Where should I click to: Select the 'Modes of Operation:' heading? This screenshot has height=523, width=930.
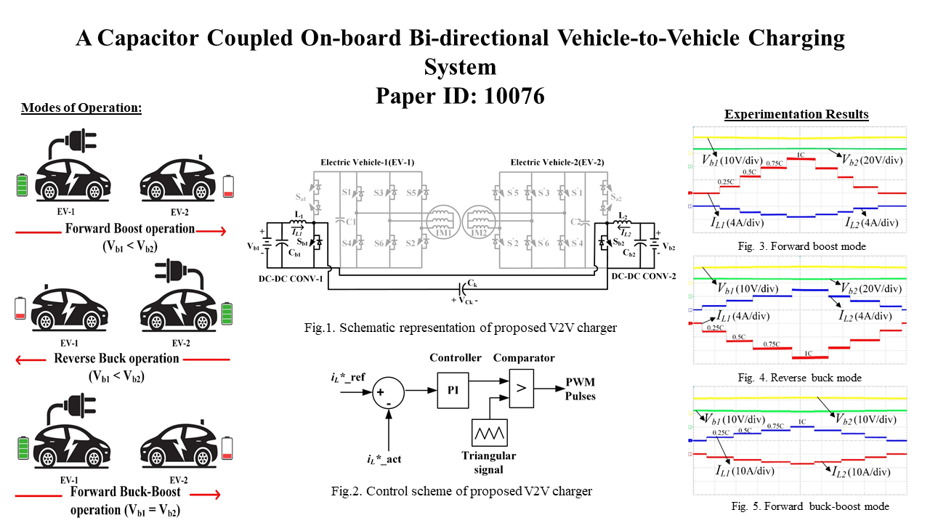[81, 108]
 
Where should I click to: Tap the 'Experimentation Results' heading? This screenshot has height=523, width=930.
[796, 114]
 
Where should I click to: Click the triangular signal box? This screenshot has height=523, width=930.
[489, 433]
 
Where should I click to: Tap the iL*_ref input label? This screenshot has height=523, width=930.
[346, 379]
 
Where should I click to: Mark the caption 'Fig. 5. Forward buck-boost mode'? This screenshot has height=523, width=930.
[809, 506]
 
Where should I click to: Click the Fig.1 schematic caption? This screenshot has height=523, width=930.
[461, 328]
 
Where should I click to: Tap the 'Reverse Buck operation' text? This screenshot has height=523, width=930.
[116, 358]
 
